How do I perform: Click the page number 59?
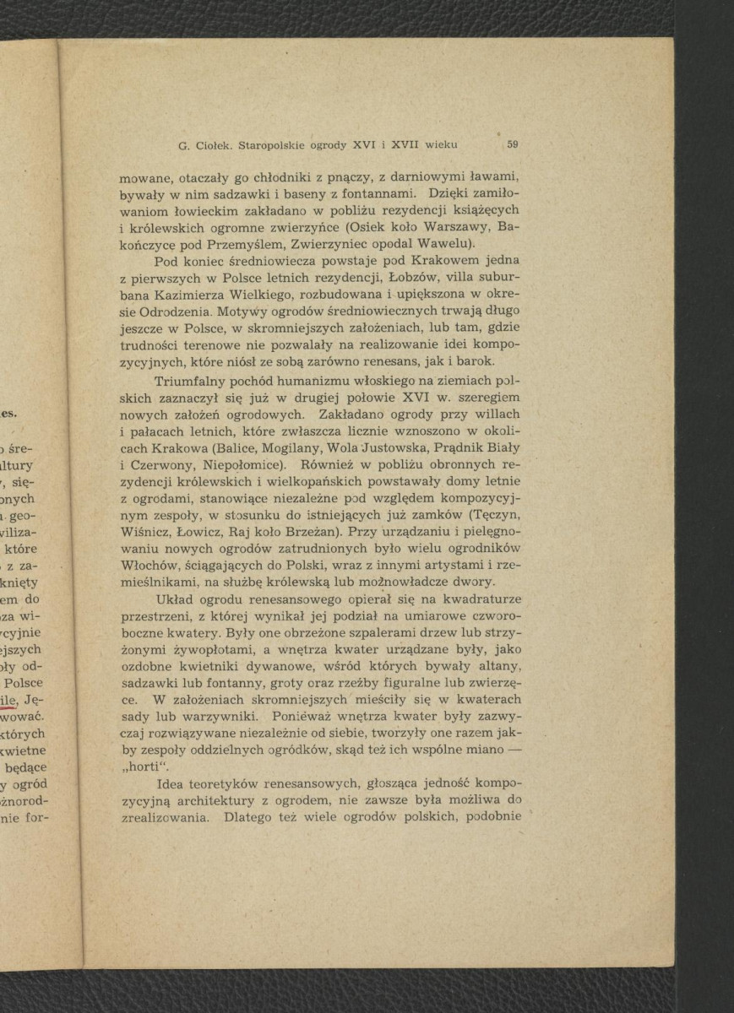pos(513,144)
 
